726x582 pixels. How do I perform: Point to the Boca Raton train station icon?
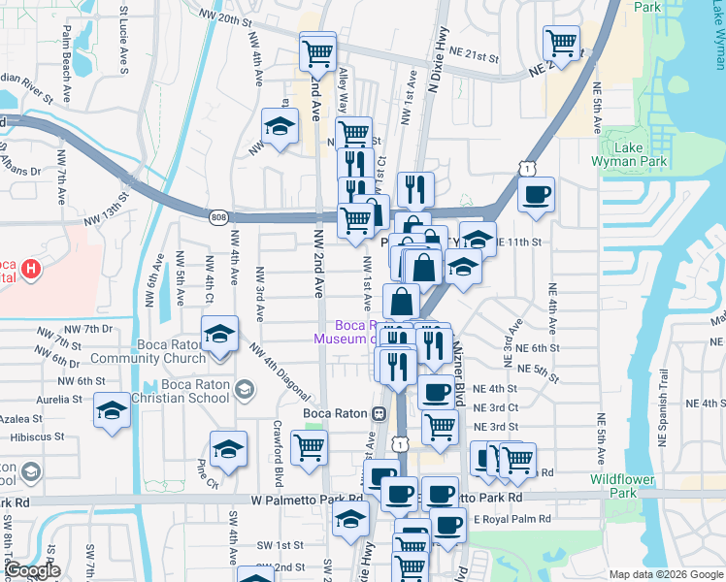pyautogui.click(x=379, y=413)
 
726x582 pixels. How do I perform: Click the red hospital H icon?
pyautogui.click(x=32, y=268)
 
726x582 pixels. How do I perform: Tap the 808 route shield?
pyautogui.click(x=218, y=217)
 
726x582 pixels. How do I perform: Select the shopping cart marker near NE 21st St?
pyautogui.click(x=561, y=43)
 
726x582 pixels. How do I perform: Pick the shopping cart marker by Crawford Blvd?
pyautogui.click(x=309, y=449)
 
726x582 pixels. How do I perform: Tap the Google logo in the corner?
pyautogui.click(x=32, y=570)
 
